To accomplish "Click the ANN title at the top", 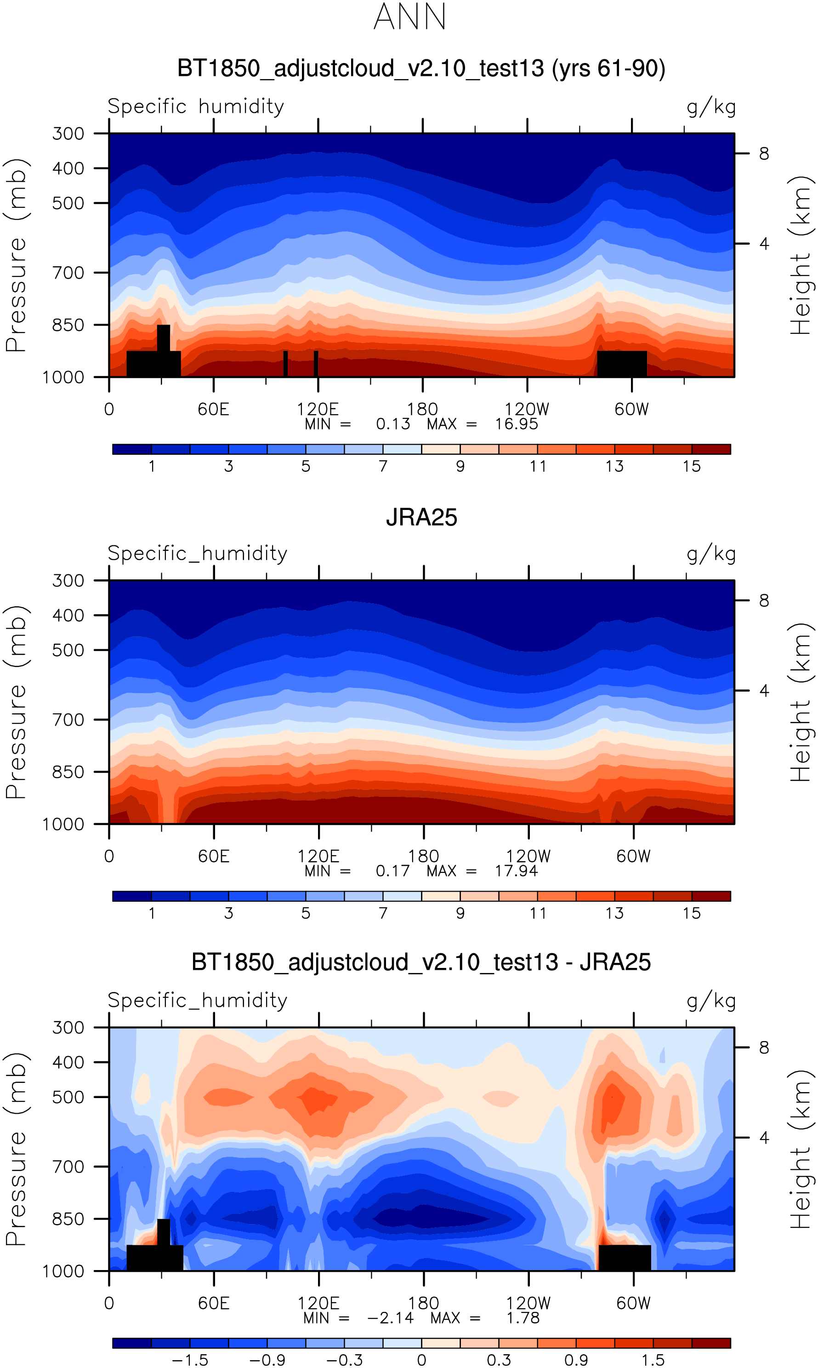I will [409, 17].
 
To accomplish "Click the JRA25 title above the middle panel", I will [421, 518].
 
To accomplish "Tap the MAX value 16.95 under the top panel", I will [516, 424].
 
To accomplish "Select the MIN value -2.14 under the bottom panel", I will [390, 1318].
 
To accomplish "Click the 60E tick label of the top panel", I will [213, 409].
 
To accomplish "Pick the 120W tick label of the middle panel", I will [528, 856].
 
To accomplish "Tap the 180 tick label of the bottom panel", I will [423, 1304].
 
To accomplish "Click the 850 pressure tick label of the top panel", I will [68, 325].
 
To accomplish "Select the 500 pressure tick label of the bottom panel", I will [68, 1097].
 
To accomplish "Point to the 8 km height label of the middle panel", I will [763, 601].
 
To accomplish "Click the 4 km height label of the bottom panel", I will [763, 1138].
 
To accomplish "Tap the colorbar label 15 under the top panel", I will [691, 466].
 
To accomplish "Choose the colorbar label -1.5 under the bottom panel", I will [190, 1360].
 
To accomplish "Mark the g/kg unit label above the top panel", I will [711, 106].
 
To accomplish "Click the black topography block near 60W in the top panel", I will [622, 363].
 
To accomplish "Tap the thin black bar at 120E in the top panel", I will [316, 363].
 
